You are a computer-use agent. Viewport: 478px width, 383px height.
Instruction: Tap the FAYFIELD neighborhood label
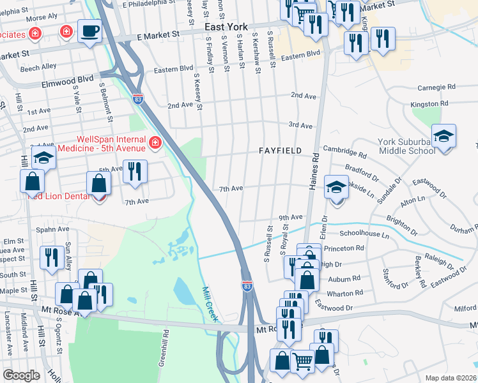[x=280, y=151]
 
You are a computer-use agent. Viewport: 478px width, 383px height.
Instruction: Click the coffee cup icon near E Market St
[x=89, y=30]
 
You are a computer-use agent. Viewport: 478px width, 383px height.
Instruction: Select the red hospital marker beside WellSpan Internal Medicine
[x=154, y=142]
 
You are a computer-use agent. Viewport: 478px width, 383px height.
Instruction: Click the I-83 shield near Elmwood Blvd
[x=138, y=100]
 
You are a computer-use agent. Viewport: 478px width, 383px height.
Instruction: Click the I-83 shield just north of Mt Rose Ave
[x=247, y=285]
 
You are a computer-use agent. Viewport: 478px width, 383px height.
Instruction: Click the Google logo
[x=21, y=375]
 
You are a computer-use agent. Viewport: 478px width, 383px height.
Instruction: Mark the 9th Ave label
[x=289, y=217]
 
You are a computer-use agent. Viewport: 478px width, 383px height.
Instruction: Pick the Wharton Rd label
[x=345, y=293]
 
